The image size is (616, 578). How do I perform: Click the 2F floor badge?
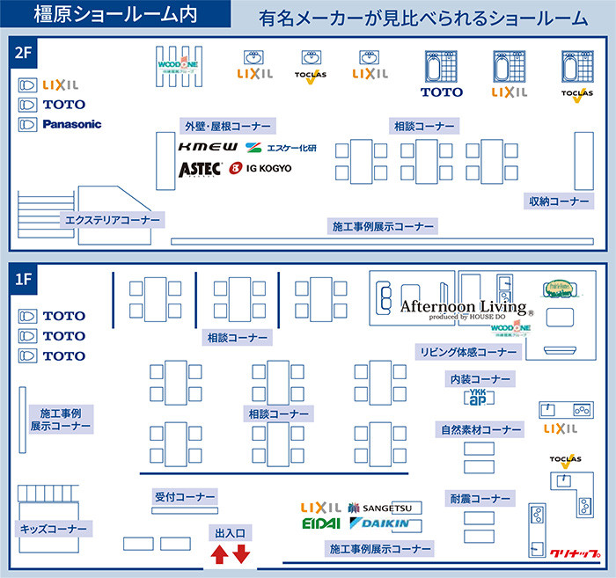(24, 52)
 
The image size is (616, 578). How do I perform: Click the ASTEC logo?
(200, 168)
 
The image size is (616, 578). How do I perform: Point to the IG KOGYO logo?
(260, 168)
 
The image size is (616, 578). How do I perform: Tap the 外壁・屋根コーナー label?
(226, 125)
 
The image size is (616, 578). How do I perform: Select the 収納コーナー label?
(559, 201)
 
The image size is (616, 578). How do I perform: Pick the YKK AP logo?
(477, 397)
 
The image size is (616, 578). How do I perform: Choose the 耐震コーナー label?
(480, 499)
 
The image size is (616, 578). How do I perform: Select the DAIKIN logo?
(379, 524)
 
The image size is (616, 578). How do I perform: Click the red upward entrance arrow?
(219, 555)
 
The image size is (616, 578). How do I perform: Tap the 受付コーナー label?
(179, 497)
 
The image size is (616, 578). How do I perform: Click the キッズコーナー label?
(54, 529)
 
